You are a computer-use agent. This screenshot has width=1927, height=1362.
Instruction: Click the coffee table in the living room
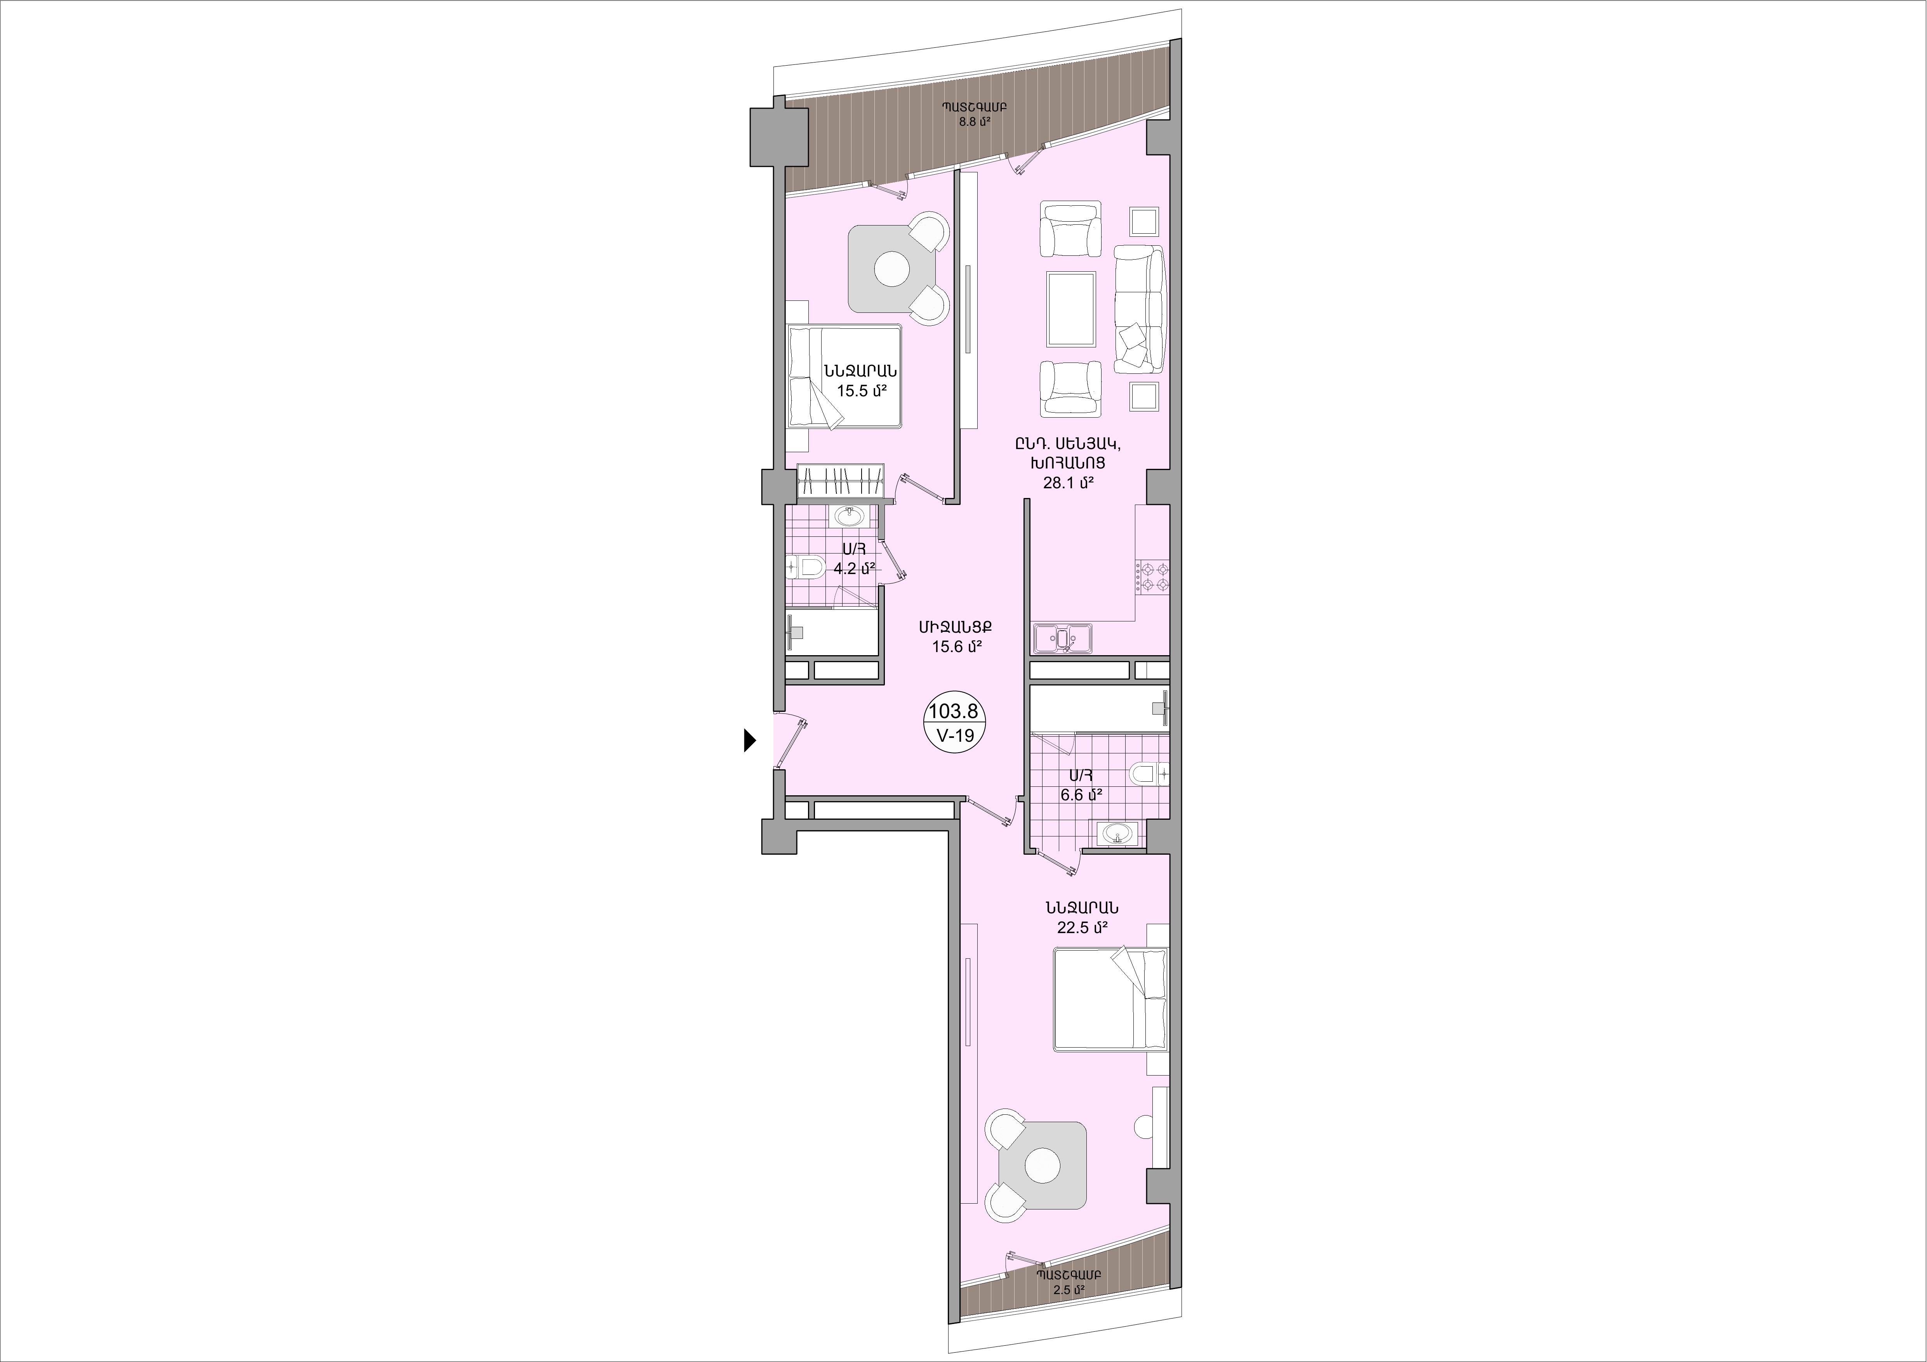click(1070, 309)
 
